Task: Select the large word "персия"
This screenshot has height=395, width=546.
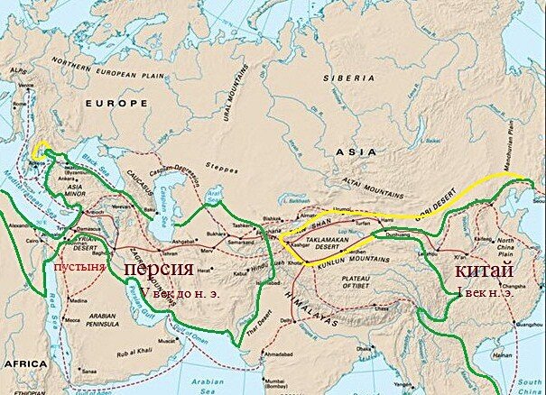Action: [x=157, y=269]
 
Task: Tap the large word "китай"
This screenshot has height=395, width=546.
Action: [x=484, y=270]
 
